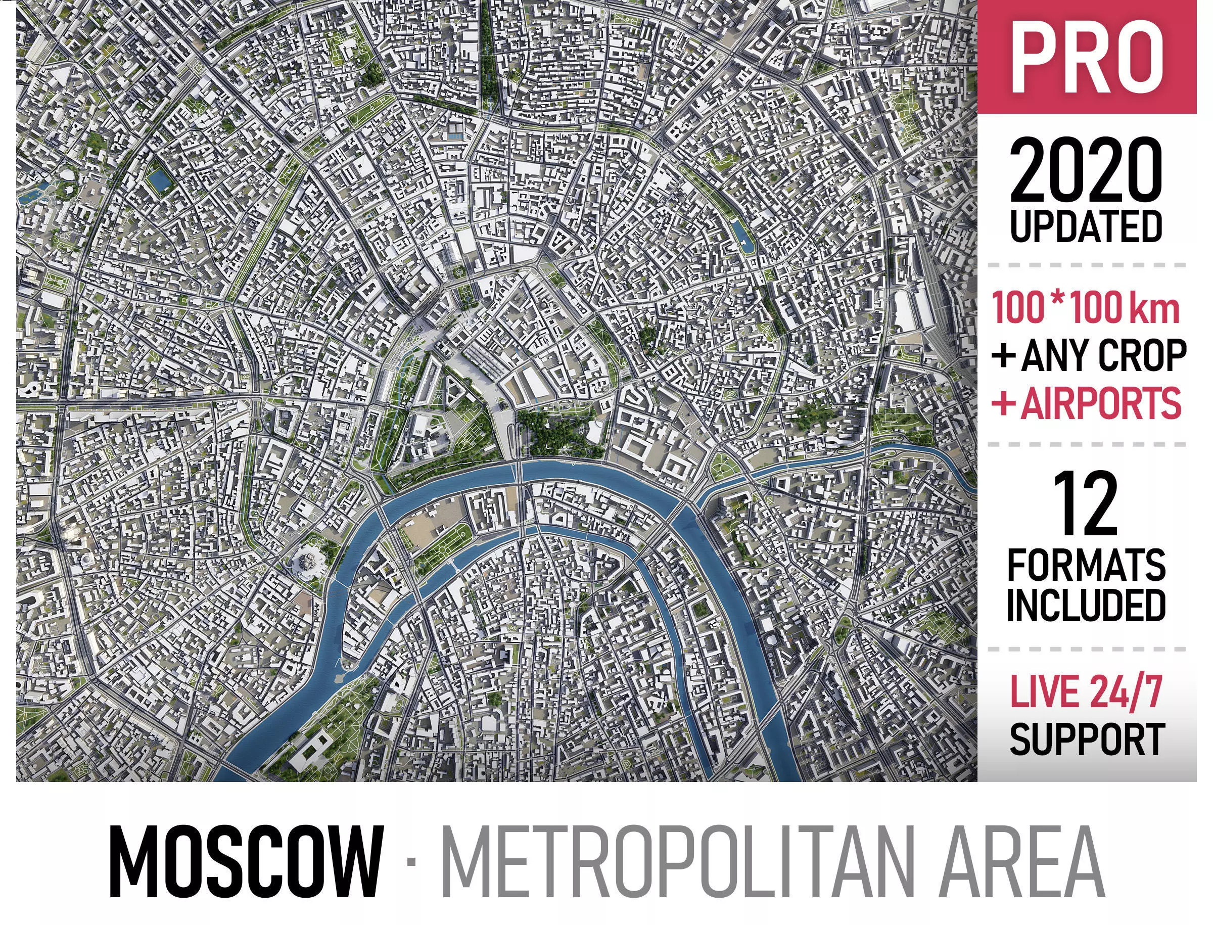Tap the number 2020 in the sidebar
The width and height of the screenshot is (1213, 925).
(1086, 171)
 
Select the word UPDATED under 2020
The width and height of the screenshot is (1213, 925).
(1086, 226)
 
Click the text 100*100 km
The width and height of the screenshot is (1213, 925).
(1086, 308)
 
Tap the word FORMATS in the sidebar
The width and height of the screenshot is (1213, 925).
(1086, 565)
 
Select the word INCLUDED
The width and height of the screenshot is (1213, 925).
(1086, 606)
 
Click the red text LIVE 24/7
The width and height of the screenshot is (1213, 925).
(1086, 691)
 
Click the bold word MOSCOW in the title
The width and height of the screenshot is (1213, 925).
(246, 862)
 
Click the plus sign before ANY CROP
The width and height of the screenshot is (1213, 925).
(1003, 356)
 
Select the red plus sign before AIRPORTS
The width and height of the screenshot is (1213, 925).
(1003, 403)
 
